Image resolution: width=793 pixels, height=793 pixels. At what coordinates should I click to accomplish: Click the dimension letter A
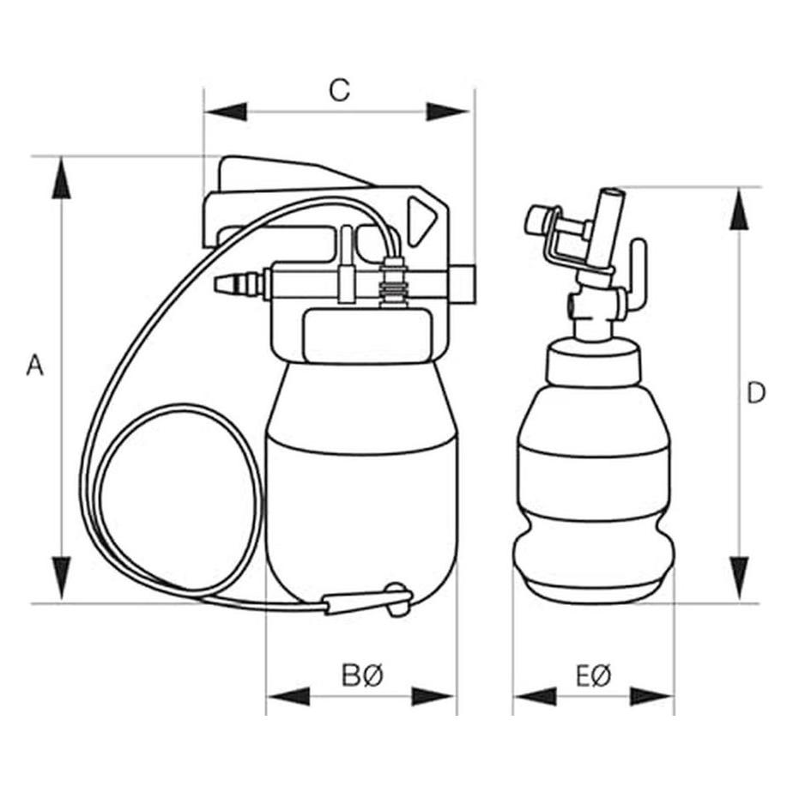35,365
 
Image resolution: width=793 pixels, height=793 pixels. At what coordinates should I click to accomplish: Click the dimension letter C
339,90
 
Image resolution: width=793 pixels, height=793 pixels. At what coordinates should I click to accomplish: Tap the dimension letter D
756,393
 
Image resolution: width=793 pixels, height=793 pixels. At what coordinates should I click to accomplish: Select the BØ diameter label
363,675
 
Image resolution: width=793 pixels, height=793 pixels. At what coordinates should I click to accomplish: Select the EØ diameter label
594,675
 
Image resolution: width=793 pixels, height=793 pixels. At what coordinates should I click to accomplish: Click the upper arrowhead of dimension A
61,178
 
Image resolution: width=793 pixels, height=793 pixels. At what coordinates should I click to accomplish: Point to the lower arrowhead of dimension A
61,579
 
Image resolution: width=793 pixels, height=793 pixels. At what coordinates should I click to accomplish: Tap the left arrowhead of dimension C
226,112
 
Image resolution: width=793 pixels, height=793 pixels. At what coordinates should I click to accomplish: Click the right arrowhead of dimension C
448,112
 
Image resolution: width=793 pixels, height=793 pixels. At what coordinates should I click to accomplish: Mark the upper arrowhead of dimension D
739,209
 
